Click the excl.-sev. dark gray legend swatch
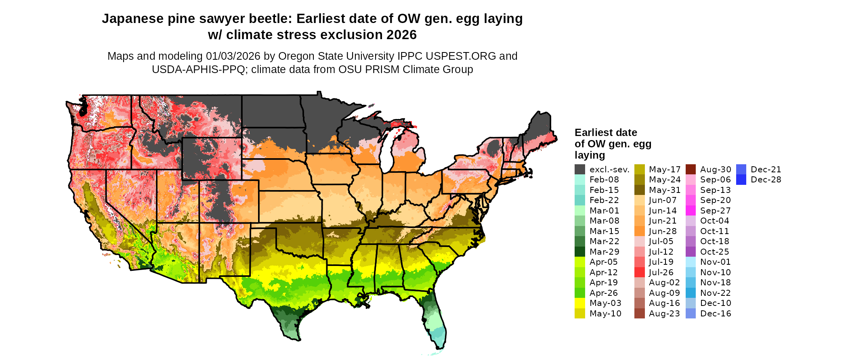coord(580,170)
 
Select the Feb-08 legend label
coord(604,180)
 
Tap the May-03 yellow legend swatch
coord(580,303)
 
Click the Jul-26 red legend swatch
coord(640,272)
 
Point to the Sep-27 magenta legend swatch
coord(691,211)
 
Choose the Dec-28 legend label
coord(766,180)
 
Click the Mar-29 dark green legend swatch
coord(580,252)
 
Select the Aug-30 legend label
coord(716,170)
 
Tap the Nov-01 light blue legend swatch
coord(691,262)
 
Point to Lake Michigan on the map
coord(386,151)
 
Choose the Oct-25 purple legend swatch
coord(691,252)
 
